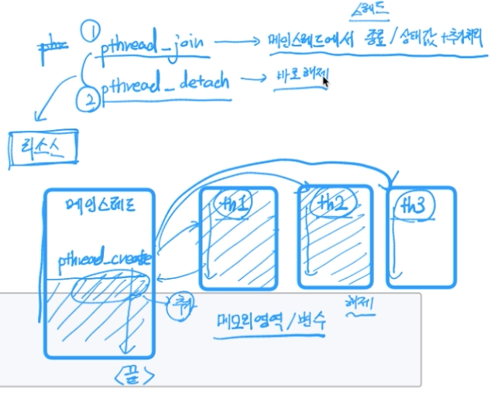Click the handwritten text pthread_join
click(153, 46)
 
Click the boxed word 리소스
click(44, 148)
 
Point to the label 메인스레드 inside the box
click(100, 207)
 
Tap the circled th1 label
click(234, 204)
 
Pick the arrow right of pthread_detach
click(250, 79)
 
